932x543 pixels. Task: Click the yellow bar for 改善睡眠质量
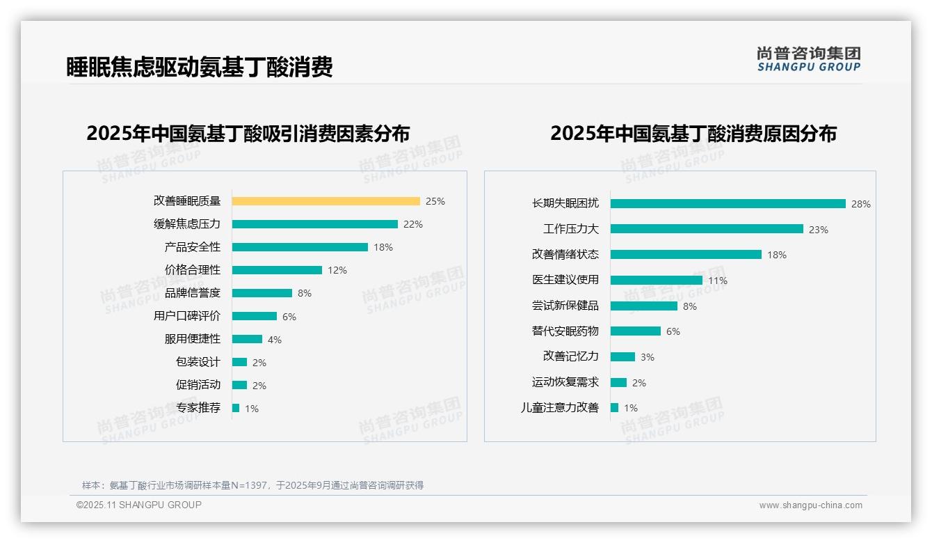326,201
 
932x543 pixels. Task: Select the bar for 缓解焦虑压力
314,224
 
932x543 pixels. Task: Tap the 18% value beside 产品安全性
383,247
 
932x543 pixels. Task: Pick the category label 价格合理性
193,270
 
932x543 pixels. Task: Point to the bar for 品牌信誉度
262,293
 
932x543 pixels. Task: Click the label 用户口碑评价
187,316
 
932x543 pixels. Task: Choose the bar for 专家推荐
236,408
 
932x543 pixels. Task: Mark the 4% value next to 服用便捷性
275,340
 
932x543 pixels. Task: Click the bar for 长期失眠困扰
728,204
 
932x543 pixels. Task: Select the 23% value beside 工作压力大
819,230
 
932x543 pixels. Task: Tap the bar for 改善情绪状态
686,255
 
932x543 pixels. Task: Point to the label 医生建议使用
565,280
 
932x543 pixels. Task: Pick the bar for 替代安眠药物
636,331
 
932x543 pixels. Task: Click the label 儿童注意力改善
560,408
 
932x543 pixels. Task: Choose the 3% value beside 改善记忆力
648,357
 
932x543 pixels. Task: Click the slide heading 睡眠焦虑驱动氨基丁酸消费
200,67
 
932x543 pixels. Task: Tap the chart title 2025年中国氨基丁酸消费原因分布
693,133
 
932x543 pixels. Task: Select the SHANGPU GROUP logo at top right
809,59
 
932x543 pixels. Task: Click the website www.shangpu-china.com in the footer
810,505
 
